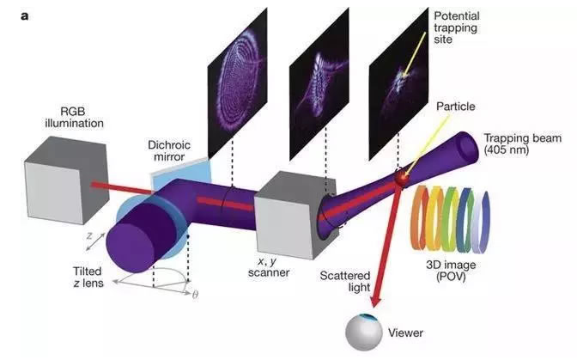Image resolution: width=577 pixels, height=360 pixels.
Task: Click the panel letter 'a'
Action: coord(25,16)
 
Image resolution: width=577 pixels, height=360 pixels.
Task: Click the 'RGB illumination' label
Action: coord(74,117)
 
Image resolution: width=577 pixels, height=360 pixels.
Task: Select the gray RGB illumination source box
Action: coord(67,180)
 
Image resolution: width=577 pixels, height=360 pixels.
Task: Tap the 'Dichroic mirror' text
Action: coord(169,150)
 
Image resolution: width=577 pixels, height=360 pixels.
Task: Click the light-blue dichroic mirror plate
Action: coord(180,174)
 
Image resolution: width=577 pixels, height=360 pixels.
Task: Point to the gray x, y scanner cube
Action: coord(295,215)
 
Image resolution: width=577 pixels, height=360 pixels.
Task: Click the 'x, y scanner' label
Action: coord(269,267)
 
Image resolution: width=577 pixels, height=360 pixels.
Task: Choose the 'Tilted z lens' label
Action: coord(88,277)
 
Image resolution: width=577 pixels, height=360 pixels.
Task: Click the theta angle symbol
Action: coord(196,295)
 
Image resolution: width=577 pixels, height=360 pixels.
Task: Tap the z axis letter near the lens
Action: coord(89,235)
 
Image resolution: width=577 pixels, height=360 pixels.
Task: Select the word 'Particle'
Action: coord(456,107)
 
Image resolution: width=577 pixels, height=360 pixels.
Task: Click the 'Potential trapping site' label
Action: coord(456,27)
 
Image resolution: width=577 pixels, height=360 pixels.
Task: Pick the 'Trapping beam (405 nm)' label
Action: coord(522,144)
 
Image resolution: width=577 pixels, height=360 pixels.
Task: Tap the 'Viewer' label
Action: coord(405,333)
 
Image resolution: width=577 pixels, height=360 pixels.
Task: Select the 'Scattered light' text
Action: coord(345,282)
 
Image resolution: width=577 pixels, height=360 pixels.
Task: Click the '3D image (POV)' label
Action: coord(451,271)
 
